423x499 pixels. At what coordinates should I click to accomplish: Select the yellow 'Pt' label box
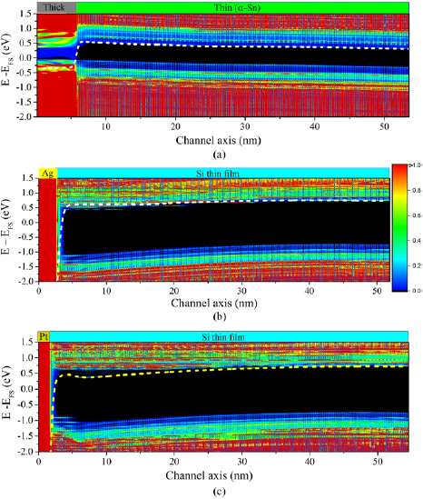point(44,337)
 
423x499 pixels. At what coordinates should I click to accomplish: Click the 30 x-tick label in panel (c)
point(239,461)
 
